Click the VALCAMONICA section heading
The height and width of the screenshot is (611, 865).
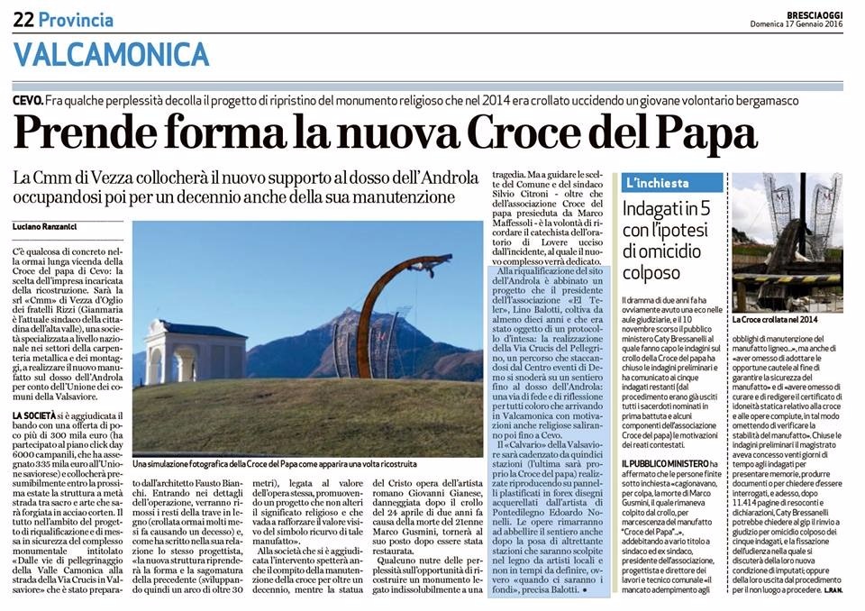point(112,55)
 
